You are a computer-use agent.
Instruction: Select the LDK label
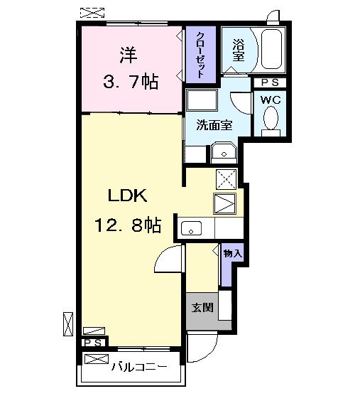click(128, 196)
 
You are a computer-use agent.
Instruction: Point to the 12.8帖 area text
click(128, 226)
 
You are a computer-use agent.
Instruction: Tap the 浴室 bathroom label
click(238, 50)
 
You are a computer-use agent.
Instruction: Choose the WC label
click(271, 100)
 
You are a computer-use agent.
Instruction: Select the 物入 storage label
click(232, 253)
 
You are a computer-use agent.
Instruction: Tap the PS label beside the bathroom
click(270, 82)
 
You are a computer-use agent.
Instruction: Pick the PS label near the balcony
click(93, 343)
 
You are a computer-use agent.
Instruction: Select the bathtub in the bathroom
click(271, 49)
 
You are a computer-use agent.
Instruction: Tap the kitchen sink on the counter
click(192, 228)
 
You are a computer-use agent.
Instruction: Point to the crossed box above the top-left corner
click(91, 11)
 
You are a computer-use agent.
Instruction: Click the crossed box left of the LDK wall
click(68, 323)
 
